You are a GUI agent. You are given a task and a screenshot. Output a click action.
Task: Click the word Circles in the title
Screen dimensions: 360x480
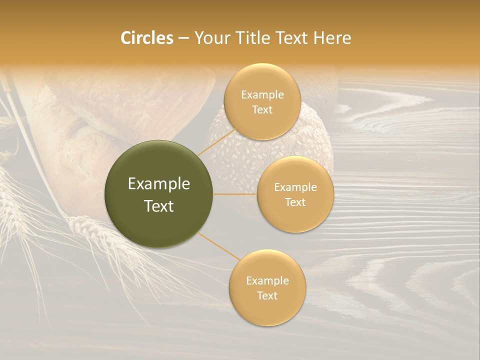click(146, 38)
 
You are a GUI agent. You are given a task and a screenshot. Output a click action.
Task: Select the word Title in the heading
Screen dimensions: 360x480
click(261, 38)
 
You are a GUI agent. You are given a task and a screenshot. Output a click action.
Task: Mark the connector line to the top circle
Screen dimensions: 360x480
click(216, 142)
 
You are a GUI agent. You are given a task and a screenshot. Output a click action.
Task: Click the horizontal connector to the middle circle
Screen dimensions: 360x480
click(235, 194)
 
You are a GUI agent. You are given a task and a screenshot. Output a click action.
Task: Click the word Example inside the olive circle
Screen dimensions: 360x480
click(158, 184)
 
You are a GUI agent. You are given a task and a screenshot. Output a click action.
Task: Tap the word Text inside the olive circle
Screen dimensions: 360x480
click(158, 206)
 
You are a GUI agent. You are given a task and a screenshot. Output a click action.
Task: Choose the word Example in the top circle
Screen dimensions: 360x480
click(262, 95)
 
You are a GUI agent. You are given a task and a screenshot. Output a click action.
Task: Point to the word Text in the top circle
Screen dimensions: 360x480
click(262, 110)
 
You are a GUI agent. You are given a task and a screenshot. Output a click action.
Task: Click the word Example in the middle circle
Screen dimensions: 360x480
click(295, 187)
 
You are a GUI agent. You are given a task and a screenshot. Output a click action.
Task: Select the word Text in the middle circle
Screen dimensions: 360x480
click(295, 202)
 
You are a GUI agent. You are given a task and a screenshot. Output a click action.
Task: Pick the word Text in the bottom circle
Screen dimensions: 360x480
click(267, 296)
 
